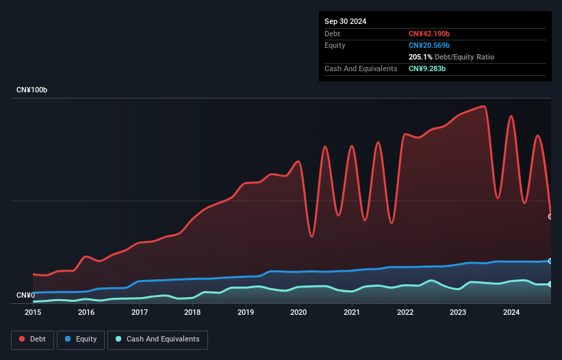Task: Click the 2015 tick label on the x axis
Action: point(33,313)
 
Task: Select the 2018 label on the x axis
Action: point(192,313)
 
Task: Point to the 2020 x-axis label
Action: point(298,313)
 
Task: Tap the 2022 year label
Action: point(405,313)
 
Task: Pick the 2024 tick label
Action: point(511,313)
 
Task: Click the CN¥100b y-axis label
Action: point(32,90)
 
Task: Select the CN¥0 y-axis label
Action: point(25,296)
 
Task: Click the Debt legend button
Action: point(31,339)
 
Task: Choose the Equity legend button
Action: point(81,339)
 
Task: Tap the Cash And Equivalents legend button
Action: point(157,339)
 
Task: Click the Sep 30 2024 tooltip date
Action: point(345,21)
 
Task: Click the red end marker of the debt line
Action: point(550,216)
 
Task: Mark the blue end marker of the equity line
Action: point(550,261)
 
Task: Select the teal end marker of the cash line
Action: point(550,284)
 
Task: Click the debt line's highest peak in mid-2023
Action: point(484,106)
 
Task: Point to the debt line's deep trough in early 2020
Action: point(311,237)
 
